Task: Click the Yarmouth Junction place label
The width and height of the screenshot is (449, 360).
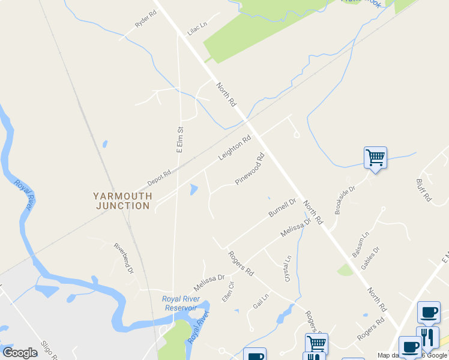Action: pos(122,201)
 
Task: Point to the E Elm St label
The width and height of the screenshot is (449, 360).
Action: pos(179,139)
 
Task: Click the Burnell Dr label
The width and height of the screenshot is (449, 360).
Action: pos(282,208)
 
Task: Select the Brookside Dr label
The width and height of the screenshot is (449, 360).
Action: pos(345,200)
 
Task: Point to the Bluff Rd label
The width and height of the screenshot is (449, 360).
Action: pos(423,190)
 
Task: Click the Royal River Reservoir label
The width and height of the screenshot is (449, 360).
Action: pos(179,304)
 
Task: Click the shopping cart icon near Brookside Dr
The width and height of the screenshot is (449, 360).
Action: pos(375,158)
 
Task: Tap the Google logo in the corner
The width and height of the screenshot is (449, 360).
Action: pos(20,353)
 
